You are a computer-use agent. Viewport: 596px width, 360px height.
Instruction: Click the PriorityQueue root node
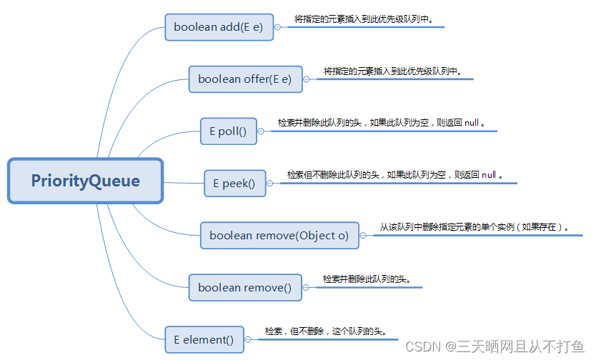pyautogui.click(x=86, y=181)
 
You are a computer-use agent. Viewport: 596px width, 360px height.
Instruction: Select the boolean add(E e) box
pyautogui.click(x=219, y=27)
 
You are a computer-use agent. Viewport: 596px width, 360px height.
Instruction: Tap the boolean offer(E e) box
pyautogui.click(x=245, y=79)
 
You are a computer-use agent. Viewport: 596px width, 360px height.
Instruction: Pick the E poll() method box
pyautogui.click(x=228, y=131)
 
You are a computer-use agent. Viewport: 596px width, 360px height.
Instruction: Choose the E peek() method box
pyautogui.click(x=234, y=184)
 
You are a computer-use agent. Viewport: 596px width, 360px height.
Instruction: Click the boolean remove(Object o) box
pyautogui.click(x=279, y=235)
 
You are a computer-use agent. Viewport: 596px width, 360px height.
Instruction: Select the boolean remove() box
pyautogui.click(x=245, y=287)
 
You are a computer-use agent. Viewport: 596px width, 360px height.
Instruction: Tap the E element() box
pyautogui.click(x=204, y=340)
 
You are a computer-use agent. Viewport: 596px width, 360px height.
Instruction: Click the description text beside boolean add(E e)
pyautogui.click(x=364, y=19)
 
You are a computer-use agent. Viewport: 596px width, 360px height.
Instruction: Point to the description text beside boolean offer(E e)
pyautogui.click(x=392, y=71)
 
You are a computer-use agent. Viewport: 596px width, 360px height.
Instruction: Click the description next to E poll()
pyautogui.click(x=382, y=123)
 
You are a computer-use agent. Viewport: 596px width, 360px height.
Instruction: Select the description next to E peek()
pyautogui.click(x=395, y=174)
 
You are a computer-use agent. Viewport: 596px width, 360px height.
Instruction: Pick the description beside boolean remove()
pyautogui.click(x=367, y=279)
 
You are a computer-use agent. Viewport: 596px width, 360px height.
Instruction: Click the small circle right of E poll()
pyautogui.click(x=262, y=131)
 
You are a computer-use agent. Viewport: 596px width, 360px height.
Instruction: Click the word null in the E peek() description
pyautogui.click(x=489, y=174)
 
